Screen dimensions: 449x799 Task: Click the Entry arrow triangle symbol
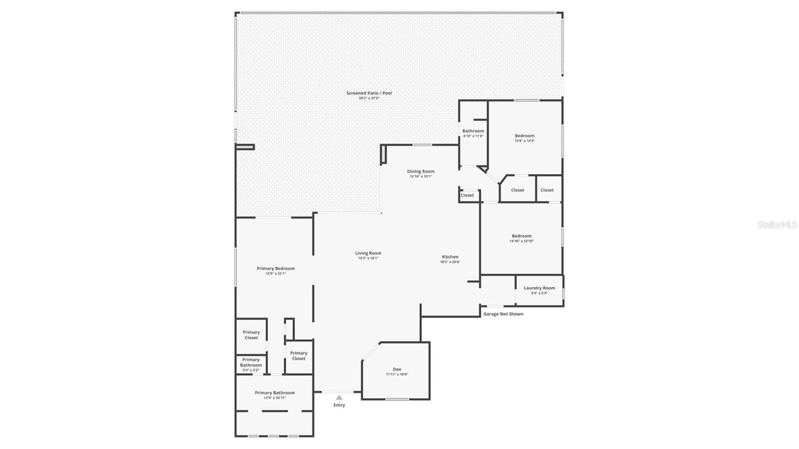point(339,398)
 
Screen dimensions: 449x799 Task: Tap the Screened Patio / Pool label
point(369,93)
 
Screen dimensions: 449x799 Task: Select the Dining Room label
point(420,171)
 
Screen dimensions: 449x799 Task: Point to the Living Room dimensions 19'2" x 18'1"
point(368,258)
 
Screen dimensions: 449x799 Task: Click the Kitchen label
point(450,257)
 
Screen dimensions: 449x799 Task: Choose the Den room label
point(397,369)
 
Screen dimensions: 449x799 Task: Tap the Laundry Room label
point(539,288)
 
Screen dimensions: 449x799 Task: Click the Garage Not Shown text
point(503,314)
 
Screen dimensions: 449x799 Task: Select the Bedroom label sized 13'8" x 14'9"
point(524,135)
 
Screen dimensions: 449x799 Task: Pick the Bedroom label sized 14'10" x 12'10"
point(521,236)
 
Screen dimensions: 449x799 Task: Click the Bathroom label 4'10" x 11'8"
point(473,131)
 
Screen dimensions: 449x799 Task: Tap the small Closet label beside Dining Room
point(467,195)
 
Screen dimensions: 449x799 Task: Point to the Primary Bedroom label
point(276,268)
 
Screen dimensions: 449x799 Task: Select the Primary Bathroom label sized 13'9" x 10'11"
point(275,393)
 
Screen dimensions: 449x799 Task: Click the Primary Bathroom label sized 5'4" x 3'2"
point(251,362)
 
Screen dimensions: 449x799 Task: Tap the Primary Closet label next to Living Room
point(299,356)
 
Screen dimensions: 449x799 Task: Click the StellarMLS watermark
point(777,225)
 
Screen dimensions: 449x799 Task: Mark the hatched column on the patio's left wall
point(245,147)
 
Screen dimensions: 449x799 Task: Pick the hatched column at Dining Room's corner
point(383,154)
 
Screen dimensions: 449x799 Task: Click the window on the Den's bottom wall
point(397,399)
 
